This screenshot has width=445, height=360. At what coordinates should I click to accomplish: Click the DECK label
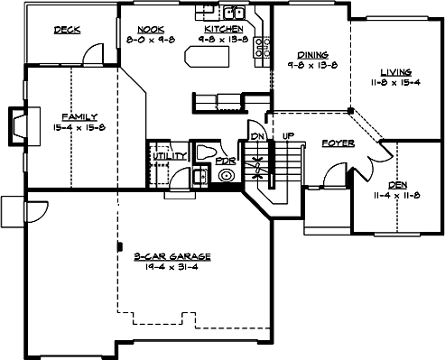(x=67, y=30)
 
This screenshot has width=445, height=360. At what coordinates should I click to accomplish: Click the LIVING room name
(x=395, y=71)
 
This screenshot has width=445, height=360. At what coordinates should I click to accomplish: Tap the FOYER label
(x=338, y=143)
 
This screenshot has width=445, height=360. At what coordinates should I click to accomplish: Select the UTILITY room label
(x=169, y=156)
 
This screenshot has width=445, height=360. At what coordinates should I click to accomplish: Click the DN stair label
(x=255, y=136)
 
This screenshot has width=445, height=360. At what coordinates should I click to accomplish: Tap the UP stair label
(x=288, y=136)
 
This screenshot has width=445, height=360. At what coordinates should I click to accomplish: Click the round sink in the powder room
(x=225, y=175)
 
